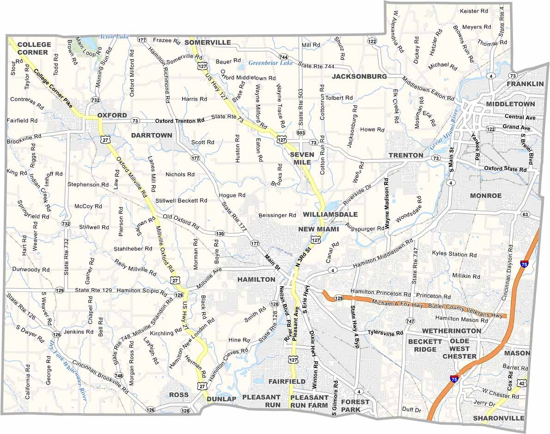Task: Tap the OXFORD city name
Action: point(112,115)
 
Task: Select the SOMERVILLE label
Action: point(208,42)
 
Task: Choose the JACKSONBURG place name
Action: point(359,76)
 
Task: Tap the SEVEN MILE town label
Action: point(302,158)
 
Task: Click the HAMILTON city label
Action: point(256,280)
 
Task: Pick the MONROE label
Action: point(485,196)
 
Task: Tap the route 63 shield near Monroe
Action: point(525,214)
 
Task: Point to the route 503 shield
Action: point(301,133)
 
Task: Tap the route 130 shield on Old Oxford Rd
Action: point(220,234)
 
